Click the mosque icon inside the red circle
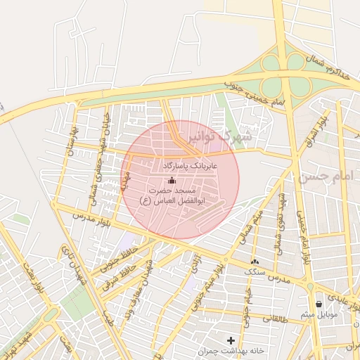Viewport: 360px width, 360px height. (172, 181)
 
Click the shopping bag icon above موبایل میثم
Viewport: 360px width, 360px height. (320, 304)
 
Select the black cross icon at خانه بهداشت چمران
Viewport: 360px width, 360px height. (231, 341)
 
